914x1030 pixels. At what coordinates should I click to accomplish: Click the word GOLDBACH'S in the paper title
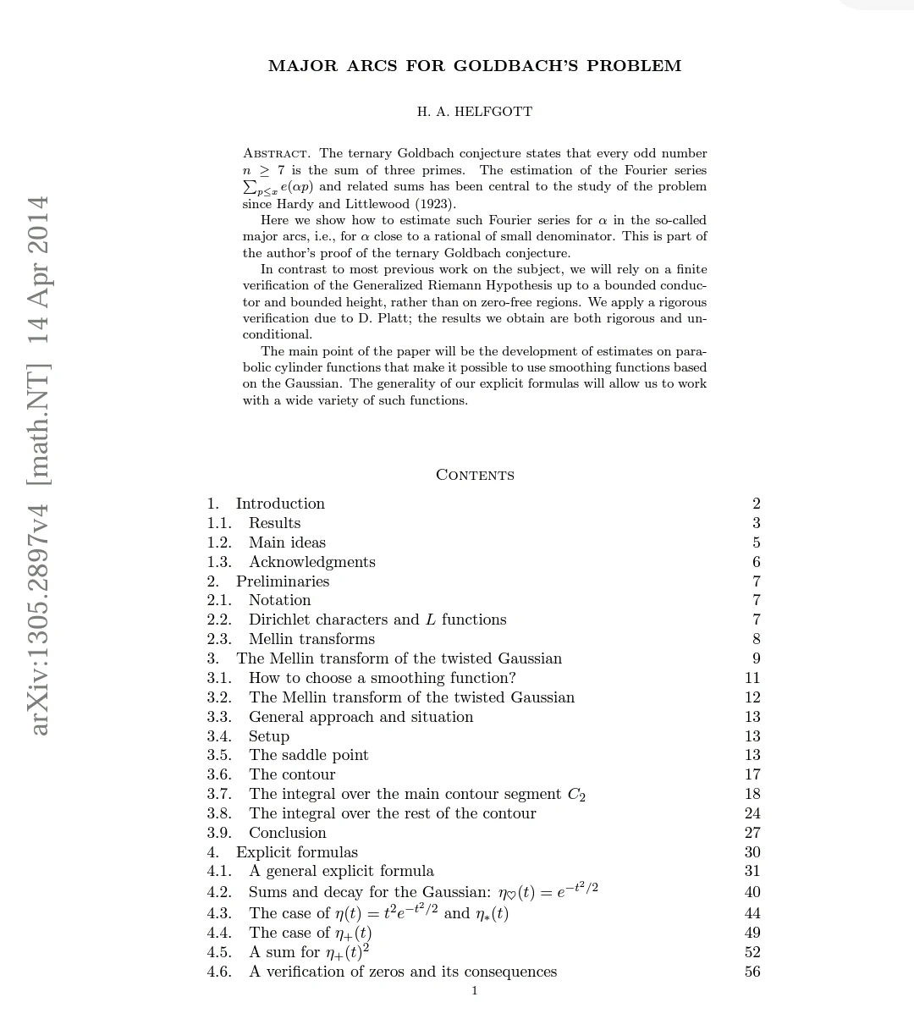(515, 66)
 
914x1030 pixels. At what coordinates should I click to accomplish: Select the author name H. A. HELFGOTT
(475, 112)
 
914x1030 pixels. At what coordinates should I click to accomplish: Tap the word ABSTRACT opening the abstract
(277, 154)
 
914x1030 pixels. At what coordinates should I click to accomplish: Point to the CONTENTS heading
(475, 475)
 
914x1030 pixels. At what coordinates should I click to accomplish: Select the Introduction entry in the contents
(280, 504)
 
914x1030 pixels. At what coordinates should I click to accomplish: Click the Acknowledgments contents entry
(311, 562)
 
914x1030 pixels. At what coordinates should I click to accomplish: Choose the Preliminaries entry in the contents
(283, 581)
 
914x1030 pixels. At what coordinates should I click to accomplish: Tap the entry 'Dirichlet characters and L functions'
(377, 620)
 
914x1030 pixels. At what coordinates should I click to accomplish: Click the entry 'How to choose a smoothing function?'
(382, 678)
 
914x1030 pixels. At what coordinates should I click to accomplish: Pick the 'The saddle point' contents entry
(308, 755)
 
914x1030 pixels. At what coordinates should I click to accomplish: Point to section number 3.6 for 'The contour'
(218, 774)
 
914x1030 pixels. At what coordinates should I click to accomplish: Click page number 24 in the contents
(752, 813)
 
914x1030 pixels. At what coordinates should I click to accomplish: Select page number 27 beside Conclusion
(752, 833)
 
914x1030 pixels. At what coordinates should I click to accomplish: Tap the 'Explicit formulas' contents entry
(296, 852)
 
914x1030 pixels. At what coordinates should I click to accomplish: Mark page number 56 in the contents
(752, 972)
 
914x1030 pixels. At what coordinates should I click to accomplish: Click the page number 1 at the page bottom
(475, 991)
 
